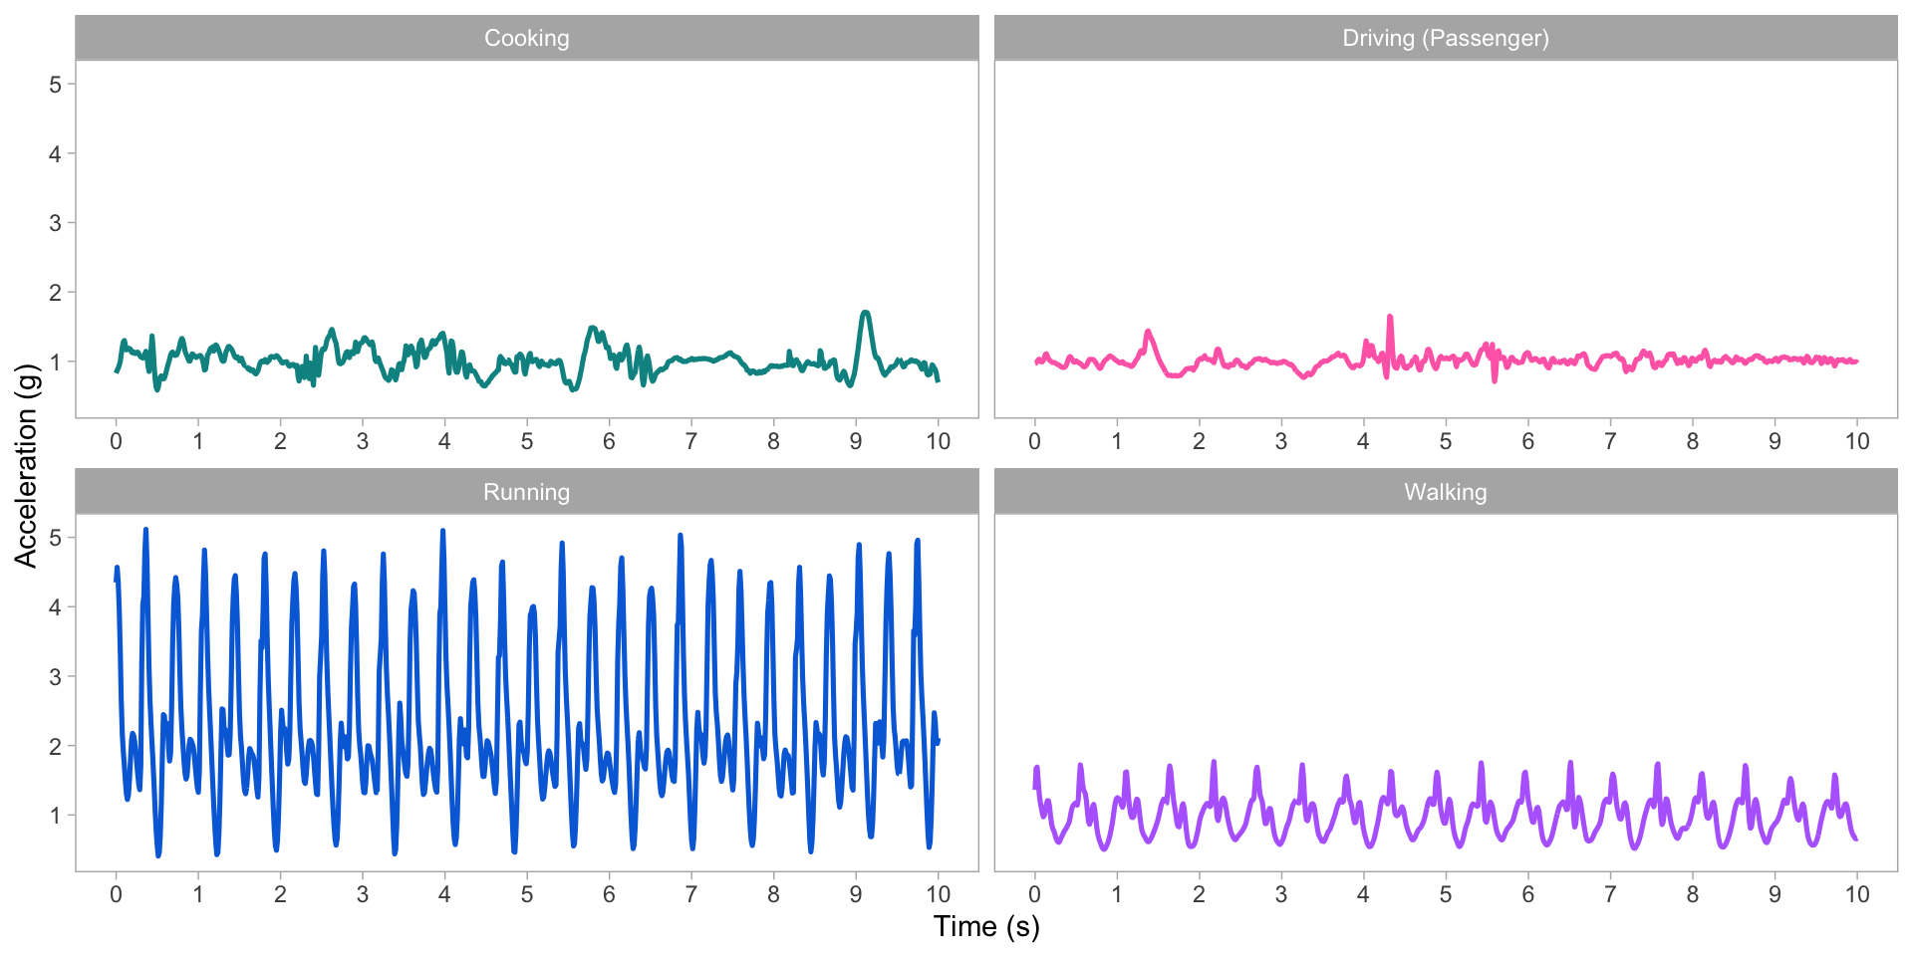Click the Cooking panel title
[526, 38]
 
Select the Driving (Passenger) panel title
[1445, 38]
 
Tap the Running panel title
[526, 492]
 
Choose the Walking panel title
[1445, 492]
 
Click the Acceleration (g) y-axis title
[26, 466]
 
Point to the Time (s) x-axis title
[986, 927]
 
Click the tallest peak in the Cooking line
[866, 313]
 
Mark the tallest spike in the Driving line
[1389, 317]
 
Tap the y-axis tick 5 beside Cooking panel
[56, 85]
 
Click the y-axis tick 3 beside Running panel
[56, 677]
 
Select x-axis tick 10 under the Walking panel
[1856, 894]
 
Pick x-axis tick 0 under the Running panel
[116, 894]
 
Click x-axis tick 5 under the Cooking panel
[527, 441]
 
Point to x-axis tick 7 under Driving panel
[1610, 441]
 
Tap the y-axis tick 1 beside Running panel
[56, 816]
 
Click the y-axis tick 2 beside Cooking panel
[56, 293]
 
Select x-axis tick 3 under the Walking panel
[1281, 894]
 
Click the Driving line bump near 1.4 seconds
[1148, 332]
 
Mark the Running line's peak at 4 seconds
[442, 531]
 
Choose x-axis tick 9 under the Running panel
[856, 894]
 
